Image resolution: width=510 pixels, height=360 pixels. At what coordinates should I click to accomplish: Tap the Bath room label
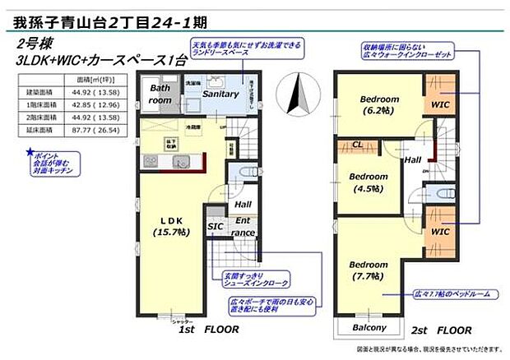(x=160, y=93)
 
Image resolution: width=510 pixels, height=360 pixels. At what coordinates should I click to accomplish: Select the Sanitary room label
(x=220, y=95)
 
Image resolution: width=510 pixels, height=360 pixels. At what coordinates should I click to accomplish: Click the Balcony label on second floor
(x=369, y=328)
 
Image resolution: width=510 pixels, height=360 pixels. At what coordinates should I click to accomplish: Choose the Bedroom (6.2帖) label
(x=379, y=104)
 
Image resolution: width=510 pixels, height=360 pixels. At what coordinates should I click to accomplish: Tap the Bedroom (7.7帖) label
(x=369, y=270)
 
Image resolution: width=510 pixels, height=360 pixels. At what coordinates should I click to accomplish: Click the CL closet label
(x=359, y=144)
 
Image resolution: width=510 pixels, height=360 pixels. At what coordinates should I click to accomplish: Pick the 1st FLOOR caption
(x=208, y=329)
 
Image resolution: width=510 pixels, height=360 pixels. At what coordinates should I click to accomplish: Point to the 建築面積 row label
(x=38, y=92)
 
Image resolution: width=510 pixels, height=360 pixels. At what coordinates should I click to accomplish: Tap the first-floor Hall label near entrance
(x=243, y=205)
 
